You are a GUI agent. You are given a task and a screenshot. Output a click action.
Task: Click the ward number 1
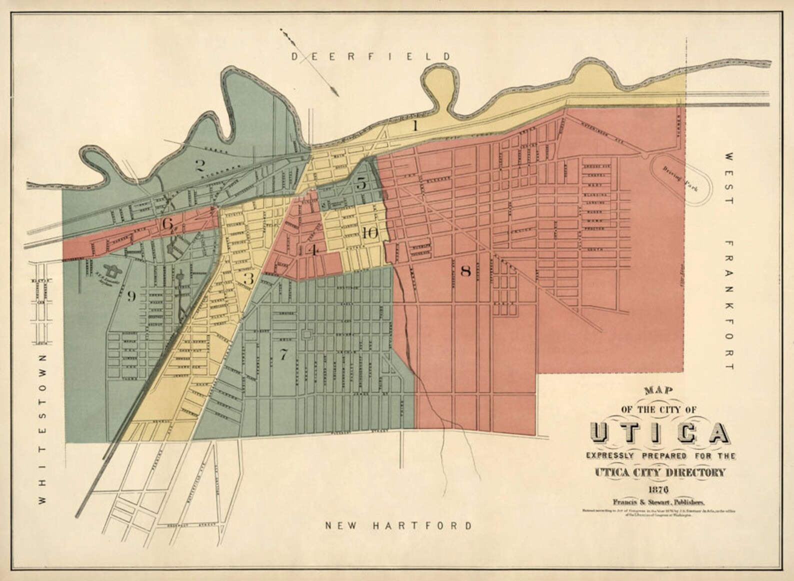click(414, 125)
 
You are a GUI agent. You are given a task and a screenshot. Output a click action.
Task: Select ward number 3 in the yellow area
click(248, 278)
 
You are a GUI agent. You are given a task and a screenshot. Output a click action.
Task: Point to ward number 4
click(313, 249)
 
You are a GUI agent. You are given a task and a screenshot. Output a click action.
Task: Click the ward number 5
click(361, 183)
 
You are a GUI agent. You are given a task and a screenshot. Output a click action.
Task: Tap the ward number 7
click(283, 354)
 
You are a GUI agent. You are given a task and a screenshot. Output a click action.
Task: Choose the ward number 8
click(465, 271)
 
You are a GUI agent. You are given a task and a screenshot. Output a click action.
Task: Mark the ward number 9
click(131, 296)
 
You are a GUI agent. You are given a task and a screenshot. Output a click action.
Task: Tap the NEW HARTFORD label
click(398, 525)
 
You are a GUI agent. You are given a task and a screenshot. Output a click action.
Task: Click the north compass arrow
click(310, 62)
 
